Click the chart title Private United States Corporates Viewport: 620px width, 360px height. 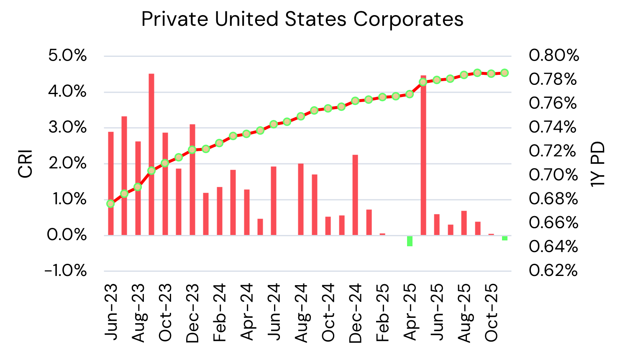point(302,19)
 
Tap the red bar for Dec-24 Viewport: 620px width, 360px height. point(355,195)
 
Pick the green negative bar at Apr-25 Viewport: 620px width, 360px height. point(410,241)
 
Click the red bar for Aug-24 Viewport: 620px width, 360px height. point(301,199)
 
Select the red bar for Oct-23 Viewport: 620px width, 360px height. point(165,184)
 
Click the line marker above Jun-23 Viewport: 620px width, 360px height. point(110,204)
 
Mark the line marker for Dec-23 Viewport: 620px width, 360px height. point(192,150)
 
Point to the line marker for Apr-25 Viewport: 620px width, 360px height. point(410,94)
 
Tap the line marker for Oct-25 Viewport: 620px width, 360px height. point(491,73)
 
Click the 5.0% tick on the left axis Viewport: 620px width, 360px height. point(67,56)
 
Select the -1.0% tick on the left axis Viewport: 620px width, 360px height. point(66,271)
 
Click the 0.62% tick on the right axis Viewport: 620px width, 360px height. point(553,271)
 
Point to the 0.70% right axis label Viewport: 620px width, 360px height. point(553,175)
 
